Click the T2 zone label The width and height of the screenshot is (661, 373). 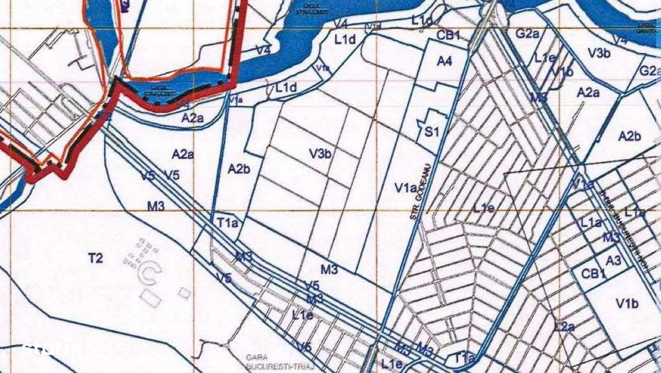(x=96, y=258)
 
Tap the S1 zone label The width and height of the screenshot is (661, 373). (x=432, y=132)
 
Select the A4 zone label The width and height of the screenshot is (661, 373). (x=444, y=61)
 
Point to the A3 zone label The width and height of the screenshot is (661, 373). (x=613, y=261)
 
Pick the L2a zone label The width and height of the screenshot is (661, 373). (x=564, y=327)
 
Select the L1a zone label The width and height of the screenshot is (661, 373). (x=591, y=223)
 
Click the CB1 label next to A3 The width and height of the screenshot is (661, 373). (x=593, y=274)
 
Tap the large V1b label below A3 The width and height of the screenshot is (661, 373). (x=627, y=303)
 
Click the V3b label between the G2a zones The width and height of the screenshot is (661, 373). (x=600, y=52)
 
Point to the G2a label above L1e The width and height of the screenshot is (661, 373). (x=528, y=35)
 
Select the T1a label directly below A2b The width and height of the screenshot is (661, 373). (x=227, y=223)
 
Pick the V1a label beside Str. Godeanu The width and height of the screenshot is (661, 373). (x=406, y=188)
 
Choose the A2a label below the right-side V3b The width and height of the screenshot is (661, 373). (x=588, y=93)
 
